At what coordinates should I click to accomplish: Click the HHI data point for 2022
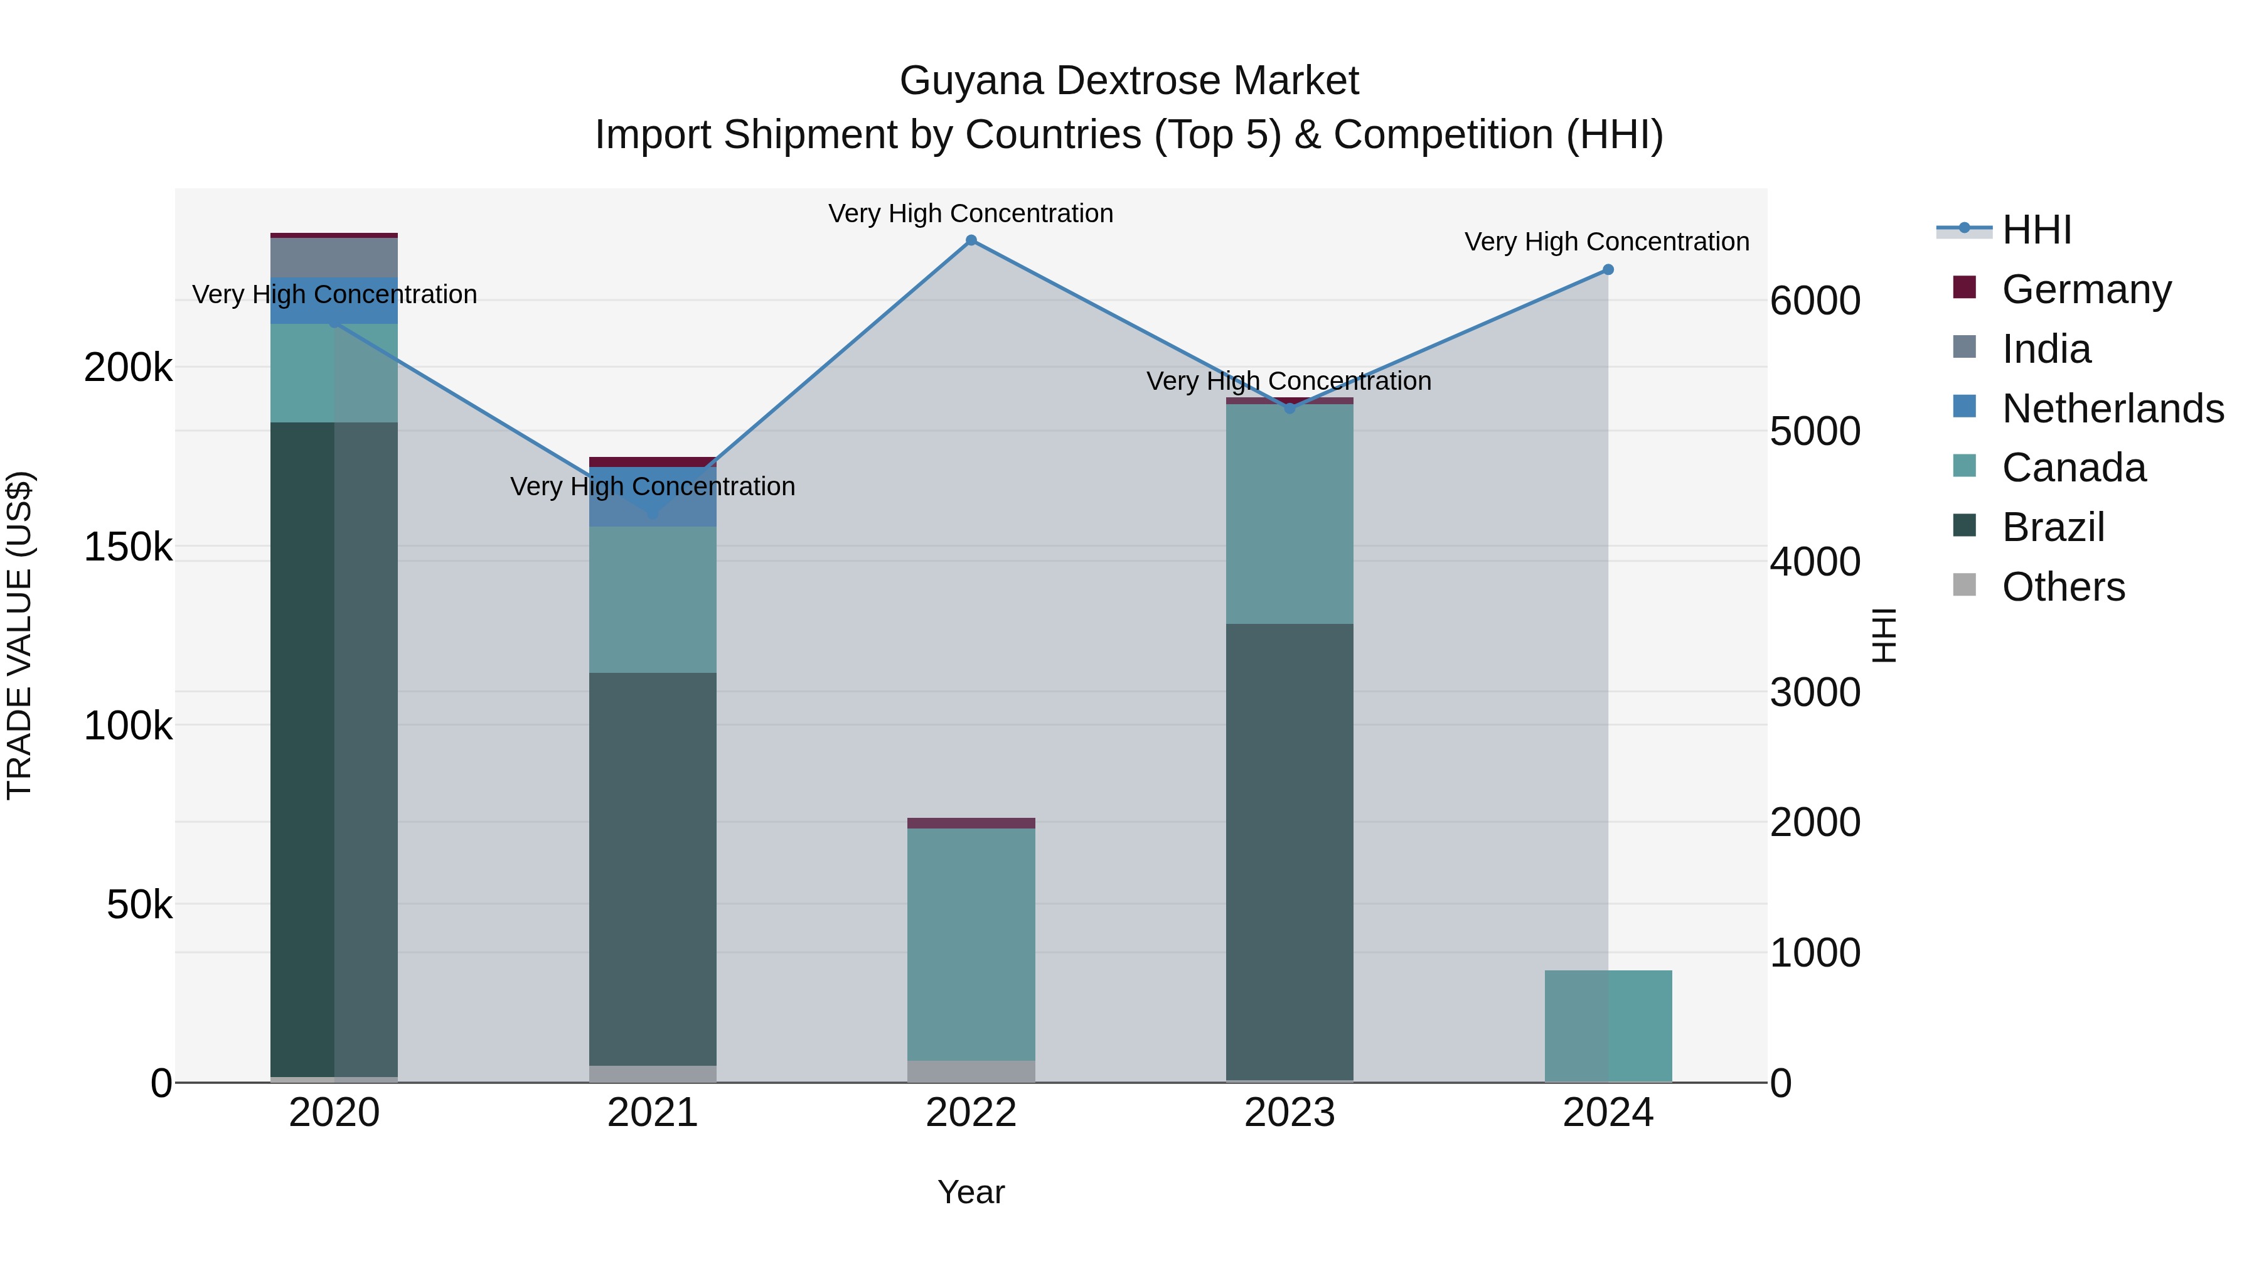(971, 240)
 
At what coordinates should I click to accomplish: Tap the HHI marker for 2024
(1608, 270)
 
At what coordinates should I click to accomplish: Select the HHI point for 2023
(1289, 408)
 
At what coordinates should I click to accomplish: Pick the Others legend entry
(2063, 587)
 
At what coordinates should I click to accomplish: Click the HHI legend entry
(2036, 230)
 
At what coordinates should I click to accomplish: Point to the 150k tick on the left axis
(128, 547)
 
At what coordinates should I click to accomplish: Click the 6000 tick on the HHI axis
(1814, 301)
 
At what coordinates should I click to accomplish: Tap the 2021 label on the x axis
(653, 1113)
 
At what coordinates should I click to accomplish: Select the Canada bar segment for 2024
(1608, 1026)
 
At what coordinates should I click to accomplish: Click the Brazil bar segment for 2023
(1289, 851)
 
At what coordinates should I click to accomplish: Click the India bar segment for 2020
(334, 257)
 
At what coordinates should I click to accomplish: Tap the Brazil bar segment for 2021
(653, 869)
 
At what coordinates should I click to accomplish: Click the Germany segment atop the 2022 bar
(971, 823)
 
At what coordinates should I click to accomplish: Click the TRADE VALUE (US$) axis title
(19, 635)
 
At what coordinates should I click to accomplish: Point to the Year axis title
(971, 1192)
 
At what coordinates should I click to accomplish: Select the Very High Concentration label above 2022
(971, 213)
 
